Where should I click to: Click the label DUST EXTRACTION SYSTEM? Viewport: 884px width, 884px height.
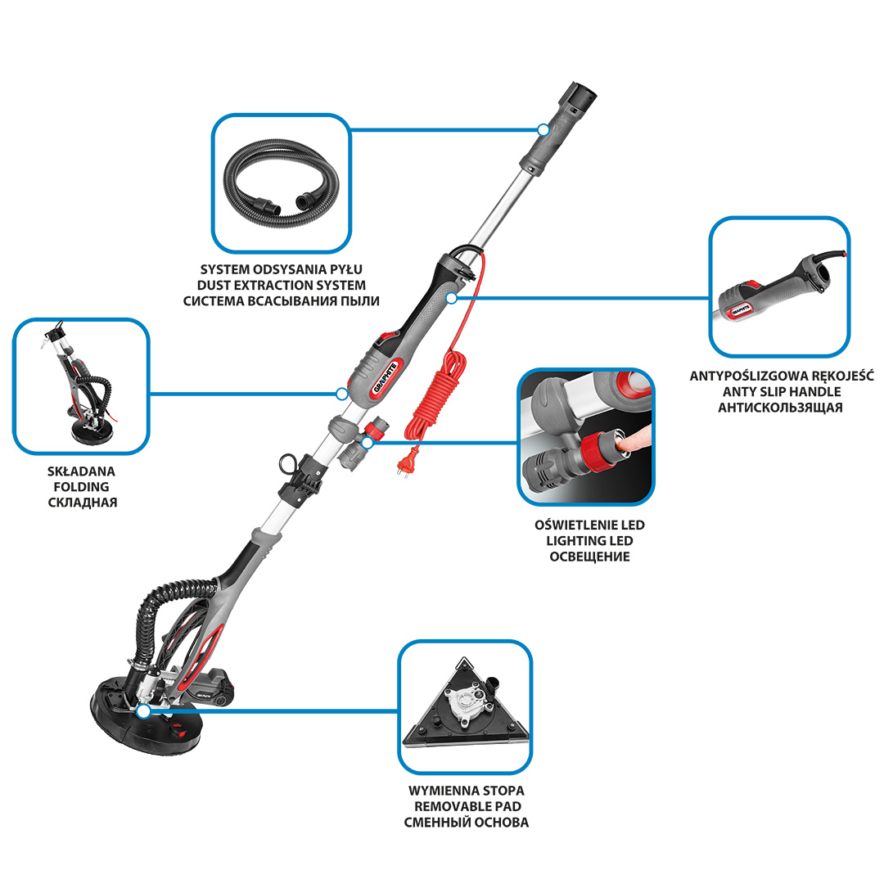click(282, 286)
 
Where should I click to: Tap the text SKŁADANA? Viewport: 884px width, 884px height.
click(81, 471)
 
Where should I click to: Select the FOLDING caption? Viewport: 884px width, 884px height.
click(81, 486)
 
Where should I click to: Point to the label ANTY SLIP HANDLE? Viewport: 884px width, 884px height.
click(782, 392)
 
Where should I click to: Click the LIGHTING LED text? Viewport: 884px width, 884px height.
click(589, 541)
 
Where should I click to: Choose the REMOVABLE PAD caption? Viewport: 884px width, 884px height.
click(467, 806)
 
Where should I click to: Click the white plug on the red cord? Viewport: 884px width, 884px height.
click(403, 466)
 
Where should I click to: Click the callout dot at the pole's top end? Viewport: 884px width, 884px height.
click(543, 129)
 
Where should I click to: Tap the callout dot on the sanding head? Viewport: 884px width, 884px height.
click(144, 711)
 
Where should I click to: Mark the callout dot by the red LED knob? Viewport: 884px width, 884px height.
click(368, 443)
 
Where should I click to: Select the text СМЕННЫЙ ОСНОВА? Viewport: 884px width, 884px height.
click(467, 822)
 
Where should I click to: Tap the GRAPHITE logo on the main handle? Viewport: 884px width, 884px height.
click(385, 377)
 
